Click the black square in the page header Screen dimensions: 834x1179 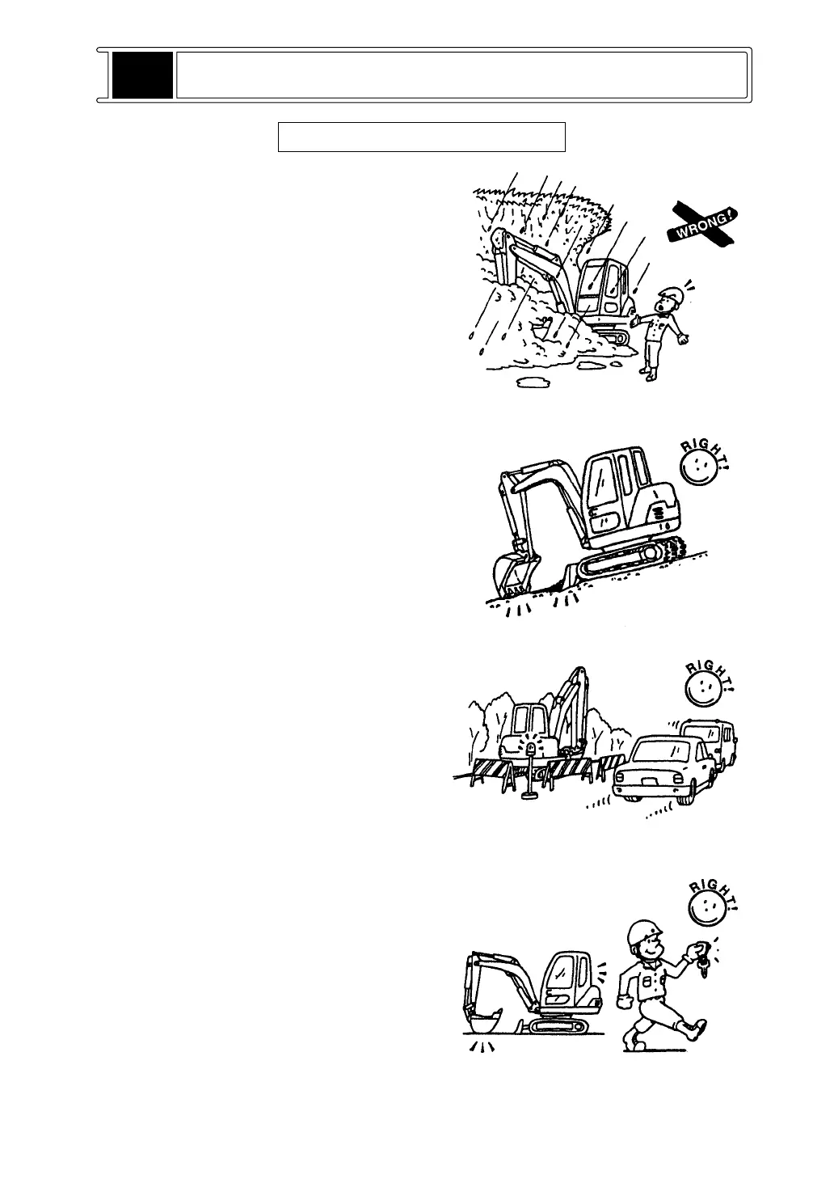[142, 75]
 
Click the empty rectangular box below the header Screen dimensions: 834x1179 [421, 137]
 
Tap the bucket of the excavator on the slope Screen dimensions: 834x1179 [512, 575]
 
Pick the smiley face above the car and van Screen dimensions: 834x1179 [702, 692]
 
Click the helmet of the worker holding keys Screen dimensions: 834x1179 [645, 930]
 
